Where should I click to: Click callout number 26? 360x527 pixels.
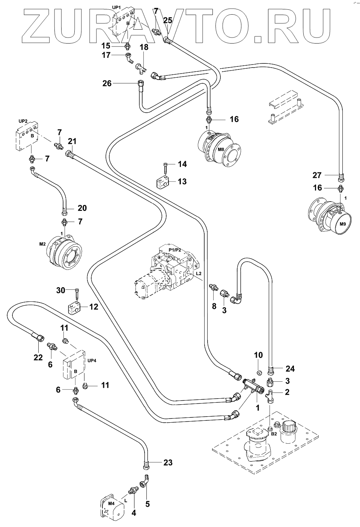(x=107, y=83)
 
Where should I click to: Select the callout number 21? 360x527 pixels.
(x=72, y=142)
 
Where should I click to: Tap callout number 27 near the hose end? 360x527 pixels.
(x=317, y=175)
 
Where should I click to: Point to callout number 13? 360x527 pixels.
(x=182, y=182)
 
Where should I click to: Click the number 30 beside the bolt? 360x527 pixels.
(x=61, y=290)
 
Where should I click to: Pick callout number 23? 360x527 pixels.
(x=168, y=462)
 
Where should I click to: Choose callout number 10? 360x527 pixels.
(x=258, y=355)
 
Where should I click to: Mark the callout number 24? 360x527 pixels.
(x=290, y=369)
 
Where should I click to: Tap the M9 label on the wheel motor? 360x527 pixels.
(x=343, y=224)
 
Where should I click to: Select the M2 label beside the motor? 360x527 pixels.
(x=42, y=244)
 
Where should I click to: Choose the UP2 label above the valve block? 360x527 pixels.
(x=23, y=121)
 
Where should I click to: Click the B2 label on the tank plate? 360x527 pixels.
(x=274, y=434)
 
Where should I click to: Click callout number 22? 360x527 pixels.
(x=38, y=358)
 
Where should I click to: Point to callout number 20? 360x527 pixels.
(x=82, y=208)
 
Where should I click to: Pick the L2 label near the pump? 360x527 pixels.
(x=199, y=274)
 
